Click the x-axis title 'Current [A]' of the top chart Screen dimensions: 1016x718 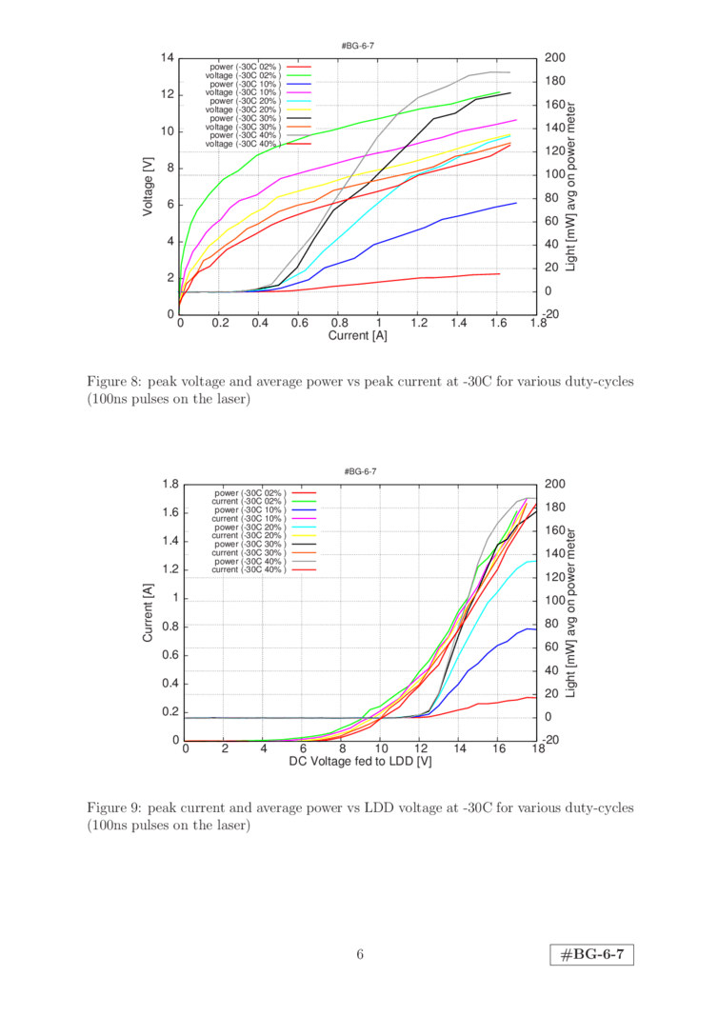(x=360, y=336)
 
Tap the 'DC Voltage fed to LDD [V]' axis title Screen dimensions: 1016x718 (x=361, y=762)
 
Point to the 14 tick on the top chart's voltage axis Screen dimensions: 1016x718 (x=169, y=58)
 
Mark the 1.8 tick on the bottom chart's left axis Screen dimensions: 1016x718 (x=170, y=484)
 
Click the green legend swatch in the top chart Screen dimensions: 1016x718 (x=299, y=75)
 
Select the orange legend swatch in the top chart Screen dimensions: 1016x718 (x=299, y=127)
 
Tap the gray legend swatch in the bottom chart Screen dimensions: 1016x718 (x=304, y=561)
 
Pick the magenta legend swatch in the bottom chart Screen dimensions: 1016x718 (x=304, y=518)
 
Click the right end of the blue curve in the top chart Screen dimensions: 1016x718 (x=515, y=202)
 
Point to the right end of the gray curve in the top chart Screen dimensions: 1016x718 (x=509, y=72)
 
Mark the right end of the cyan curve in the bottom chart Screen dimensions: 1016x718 (x=534, y=561)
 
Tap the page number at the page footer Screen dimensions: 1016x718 (x=360, y=954)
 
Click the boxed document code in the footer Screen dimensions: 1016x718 (x=592, y=954)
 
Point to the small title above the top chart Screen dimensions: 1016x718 (x=360, y=45)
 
